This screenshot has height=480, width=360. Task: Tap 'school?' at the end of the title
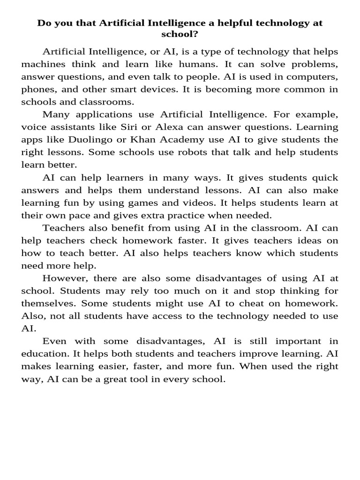coord(180,35)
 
